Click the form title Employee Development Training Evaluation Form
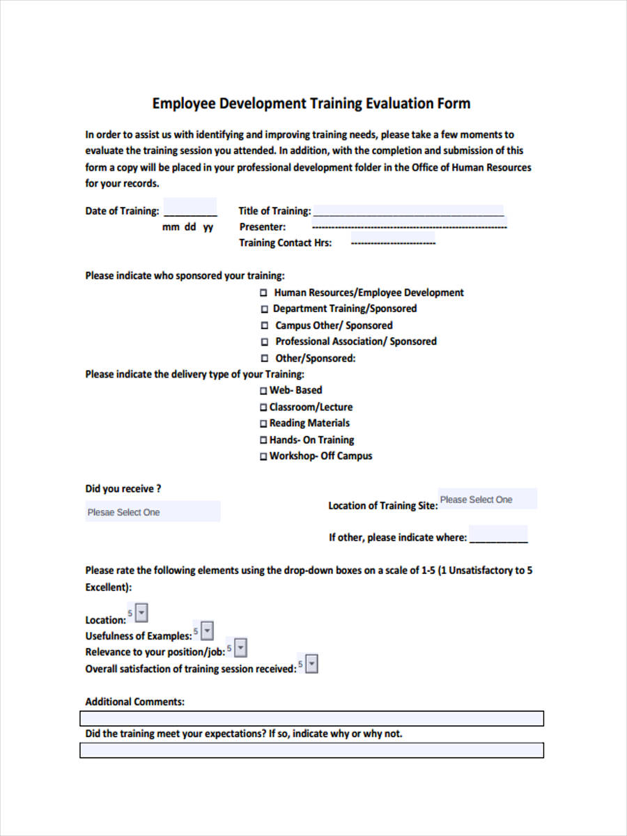click(x=311, y=104)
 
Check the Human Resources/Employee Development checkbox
click(x=264, y=293)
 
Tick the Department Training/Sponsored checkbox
click(x=264, y=309)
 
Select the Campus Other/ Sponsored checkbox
click(x=264, y=325)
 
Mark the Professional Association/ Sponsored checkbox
click(x=264, y=342)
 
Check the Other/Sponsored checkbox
click(x=264, y=359)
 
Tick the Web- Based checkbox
click(x=263, y=391)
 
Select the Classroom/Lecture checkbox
click(x=263, y=408)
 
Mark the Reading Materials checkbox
click(x=263, y=424)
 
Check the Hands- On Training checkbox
click(x=263, y=440)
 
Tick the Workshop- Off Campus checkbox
click(x=263, y=457)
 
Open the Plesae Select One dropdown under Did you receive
click(x=153, y=512)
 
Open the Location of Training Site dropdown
click(x=487, y=500)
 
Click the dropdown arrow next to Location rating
click(x=141, y=614)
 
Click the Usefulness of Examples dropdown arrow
click(x=207, y=631)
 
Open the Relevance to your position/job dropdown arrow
click(x=240, y=649)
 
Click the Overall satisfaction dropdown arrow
click(x=311, y=665)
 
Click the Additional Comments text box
click(x=311, y=718)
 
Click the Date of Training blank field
click(x=189, y=211)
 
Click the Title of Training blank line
click(x=408, y=211)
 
